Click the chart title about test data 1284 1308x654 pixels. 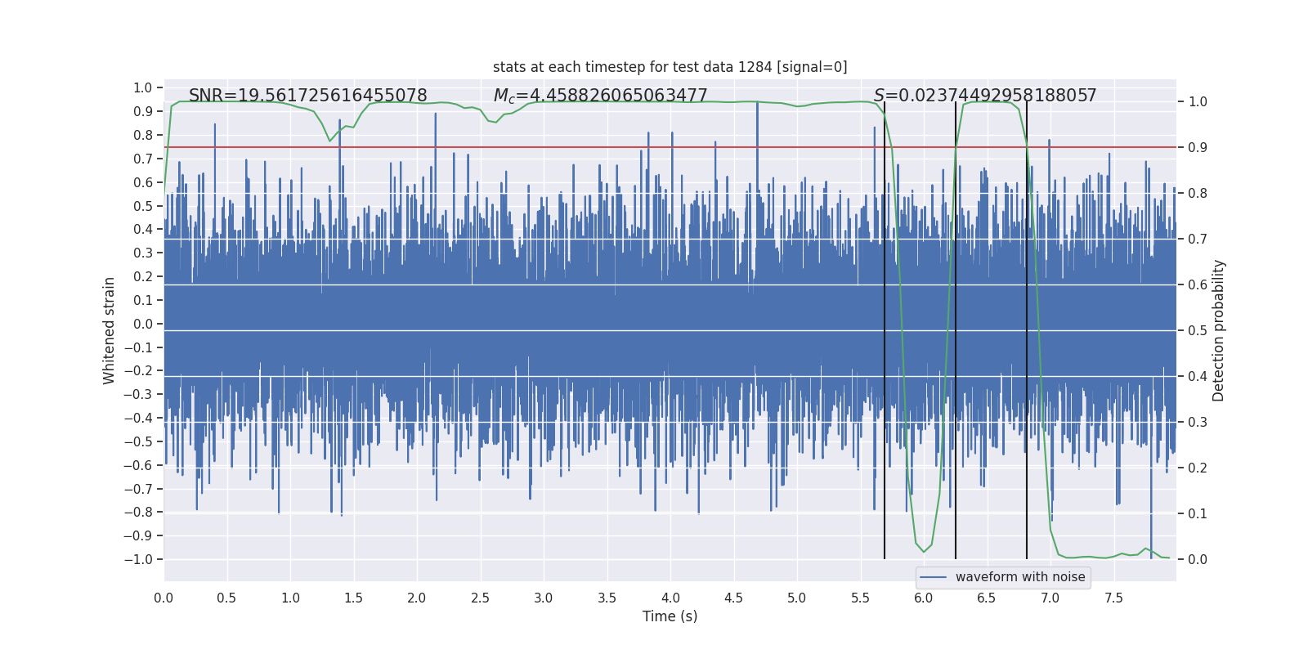[670, 67]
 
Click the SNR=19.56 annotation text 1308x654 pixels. [307, 96]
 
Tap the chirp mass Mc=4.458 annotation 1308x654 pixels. [600, 96]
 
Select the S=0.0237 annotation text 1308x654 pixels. [985, 96]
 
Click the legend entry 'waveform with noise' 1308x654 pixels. [1019, 577]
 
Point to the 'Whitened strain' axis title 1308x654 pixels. [110, 330]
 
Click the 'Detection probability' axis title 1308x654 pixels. [1219, 330]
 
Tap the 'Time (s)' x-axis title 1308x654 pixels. [670, 616]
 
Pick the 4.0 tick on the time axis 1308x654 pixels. [670, 598]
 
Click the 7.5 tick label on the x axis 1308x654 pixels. [1113, 598]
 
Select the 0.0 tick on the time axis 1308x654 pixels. [163, 598]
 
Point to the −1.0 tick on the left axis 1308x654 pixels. [138, 559]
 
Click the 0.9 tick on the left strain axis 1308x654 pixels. [143, 111]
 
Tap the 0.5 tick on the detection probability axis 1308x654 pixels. [1198, 331]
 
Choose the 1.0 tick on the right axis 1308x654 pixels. [1198, 102]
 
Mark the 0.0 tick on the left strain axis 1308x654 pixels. [143, 324]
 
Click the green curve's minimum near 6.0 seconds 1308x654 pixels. [924, 552]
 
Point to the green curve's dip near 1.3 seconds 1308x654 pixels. [330, 141]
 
